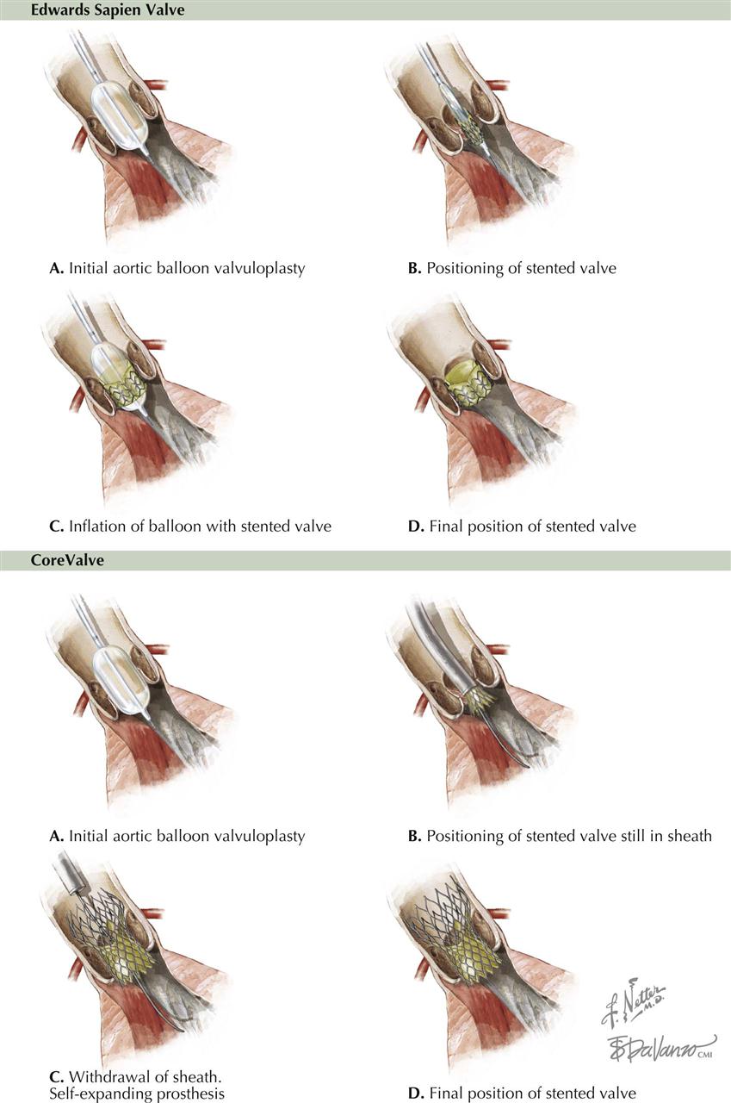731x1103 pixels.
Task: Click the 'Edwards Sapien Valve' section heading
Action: pos(108,9)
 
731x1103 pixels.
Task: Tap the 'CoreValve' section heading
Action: pos(67,560)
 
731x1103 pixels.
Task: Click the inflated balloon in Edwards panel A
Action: pos(120,118)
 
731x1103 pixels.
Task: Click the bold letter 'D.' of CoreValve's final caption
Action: pos(416,1094)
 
